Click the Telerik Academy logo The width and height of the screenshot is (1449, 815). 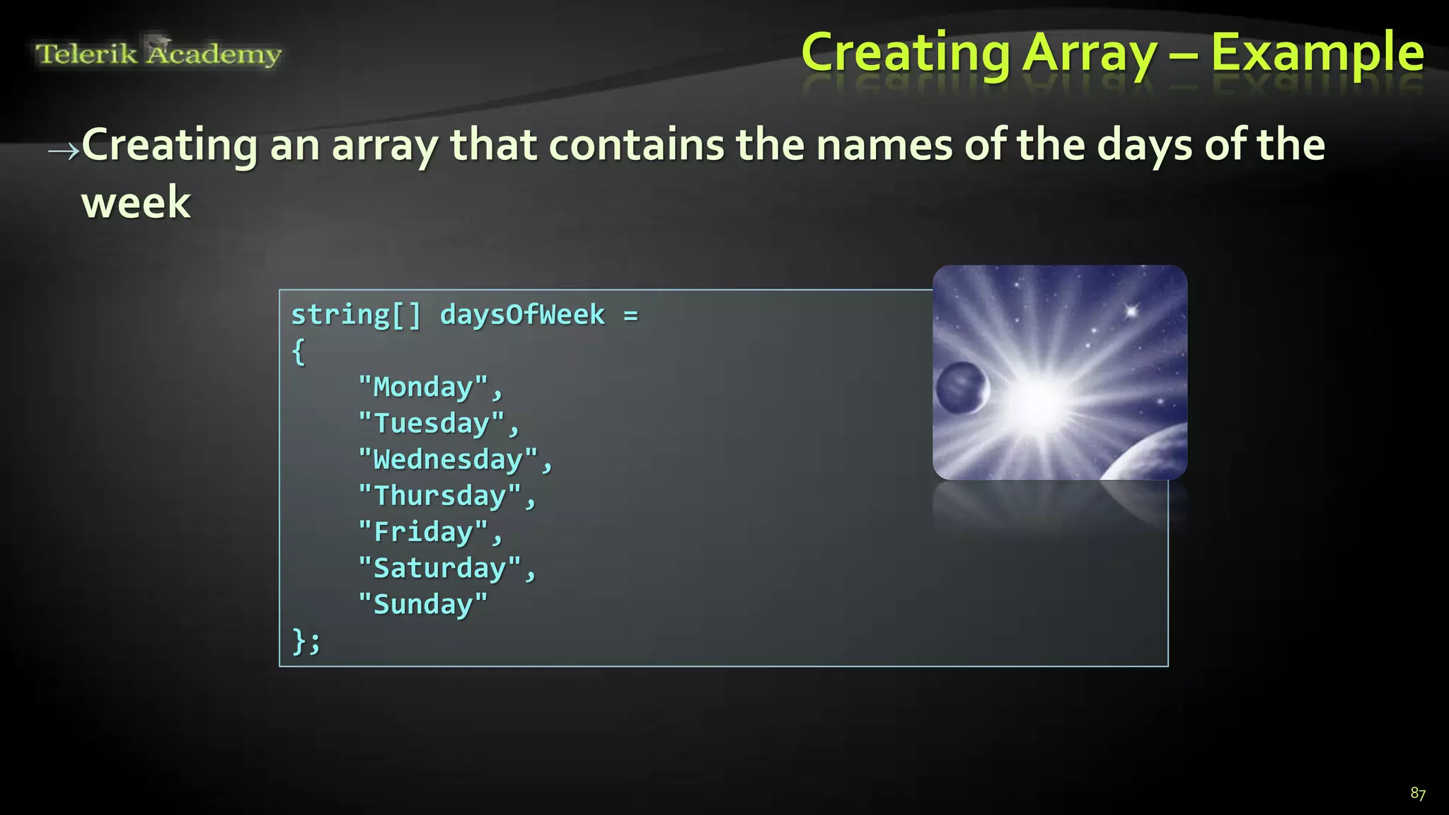click(158, 53)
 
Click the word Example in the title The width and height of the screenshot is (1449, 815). click(1317, 53)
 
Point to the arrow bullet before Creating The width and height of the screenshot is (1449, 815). click(63, 150)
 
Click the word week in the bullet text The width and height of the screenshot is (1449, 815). click(136, 203)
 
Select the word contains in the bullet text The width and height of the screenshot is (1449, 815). click(636, 145)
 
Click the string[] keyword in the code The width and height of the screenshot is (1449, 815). click(356, 315)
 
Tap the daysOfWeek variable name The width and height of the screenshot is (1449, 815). click(522, 315)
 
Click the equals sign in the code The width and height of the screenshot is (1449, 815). click(630, 316)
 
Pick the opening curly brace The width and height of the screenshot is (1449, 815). click(299, 352)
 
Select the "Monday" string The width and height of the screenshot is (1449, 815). click(423, 387)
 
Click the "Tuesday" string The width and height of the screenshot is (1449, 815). click(432, 423)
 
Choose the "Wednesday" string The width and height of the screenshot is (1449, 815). click(448, 460)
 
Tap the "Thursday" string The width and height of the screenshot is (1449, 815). click(439, 496)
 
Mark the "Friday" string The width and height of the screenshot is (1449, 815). click(423, 532)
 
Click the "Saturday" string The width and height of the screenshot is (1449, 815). click(439, 568)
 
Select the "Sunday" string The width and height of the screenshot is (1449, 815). click(423, 604)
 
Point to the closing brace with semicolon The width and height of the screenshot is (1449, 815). click(306, 641)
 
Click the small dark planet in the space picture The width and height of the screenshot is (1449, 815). click(961, 388)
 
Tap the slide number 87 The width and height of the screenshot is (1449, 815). click(1417, 793)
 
